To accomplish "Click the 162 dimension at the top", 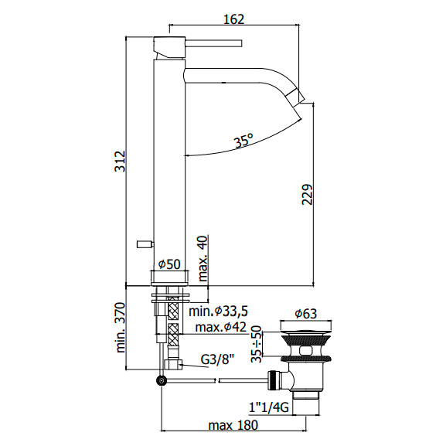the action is click(233, 19).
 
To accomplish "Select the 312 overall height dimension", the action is click(120, 162).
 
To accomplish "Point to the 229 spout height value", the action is click(307, 195).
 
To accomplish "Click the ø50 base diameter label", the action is click(169, 264).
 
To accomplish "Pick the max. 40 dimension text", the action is click(203, 258).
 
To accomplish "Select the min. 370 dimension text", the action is click(121, 328).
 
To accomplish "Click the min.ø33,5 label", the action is click(219, 312).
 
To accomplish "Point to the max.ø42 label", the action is click(221, 327).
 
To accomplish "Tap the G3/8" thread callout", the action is click(217, 360).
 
